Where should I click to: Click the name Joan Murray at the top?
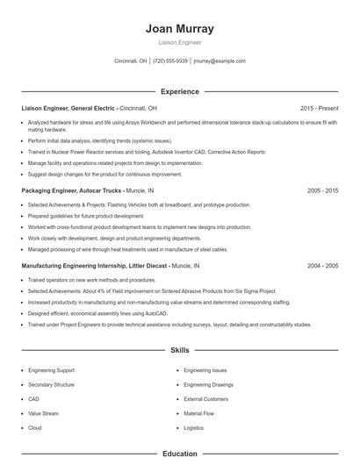[179, 28]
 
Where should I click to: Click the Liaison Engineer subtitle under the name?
[179, 42]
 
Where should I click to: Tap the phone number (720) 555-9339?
[170, 61]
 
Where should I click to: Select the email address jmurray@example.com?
[220, 61]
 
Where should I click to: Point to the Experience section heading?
[179, 91]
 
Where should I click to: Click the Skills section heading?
[179, 350]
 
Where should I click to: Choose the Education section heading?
[179, 454]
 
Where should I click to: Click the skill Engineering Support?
[52, 371]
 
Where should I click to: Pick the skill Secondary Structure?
[52, 385]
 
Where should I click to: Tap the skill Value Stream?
[43, 413]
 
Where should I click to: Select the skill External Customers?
[205, 399]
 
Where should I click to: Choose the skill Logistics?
[193, 427]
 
